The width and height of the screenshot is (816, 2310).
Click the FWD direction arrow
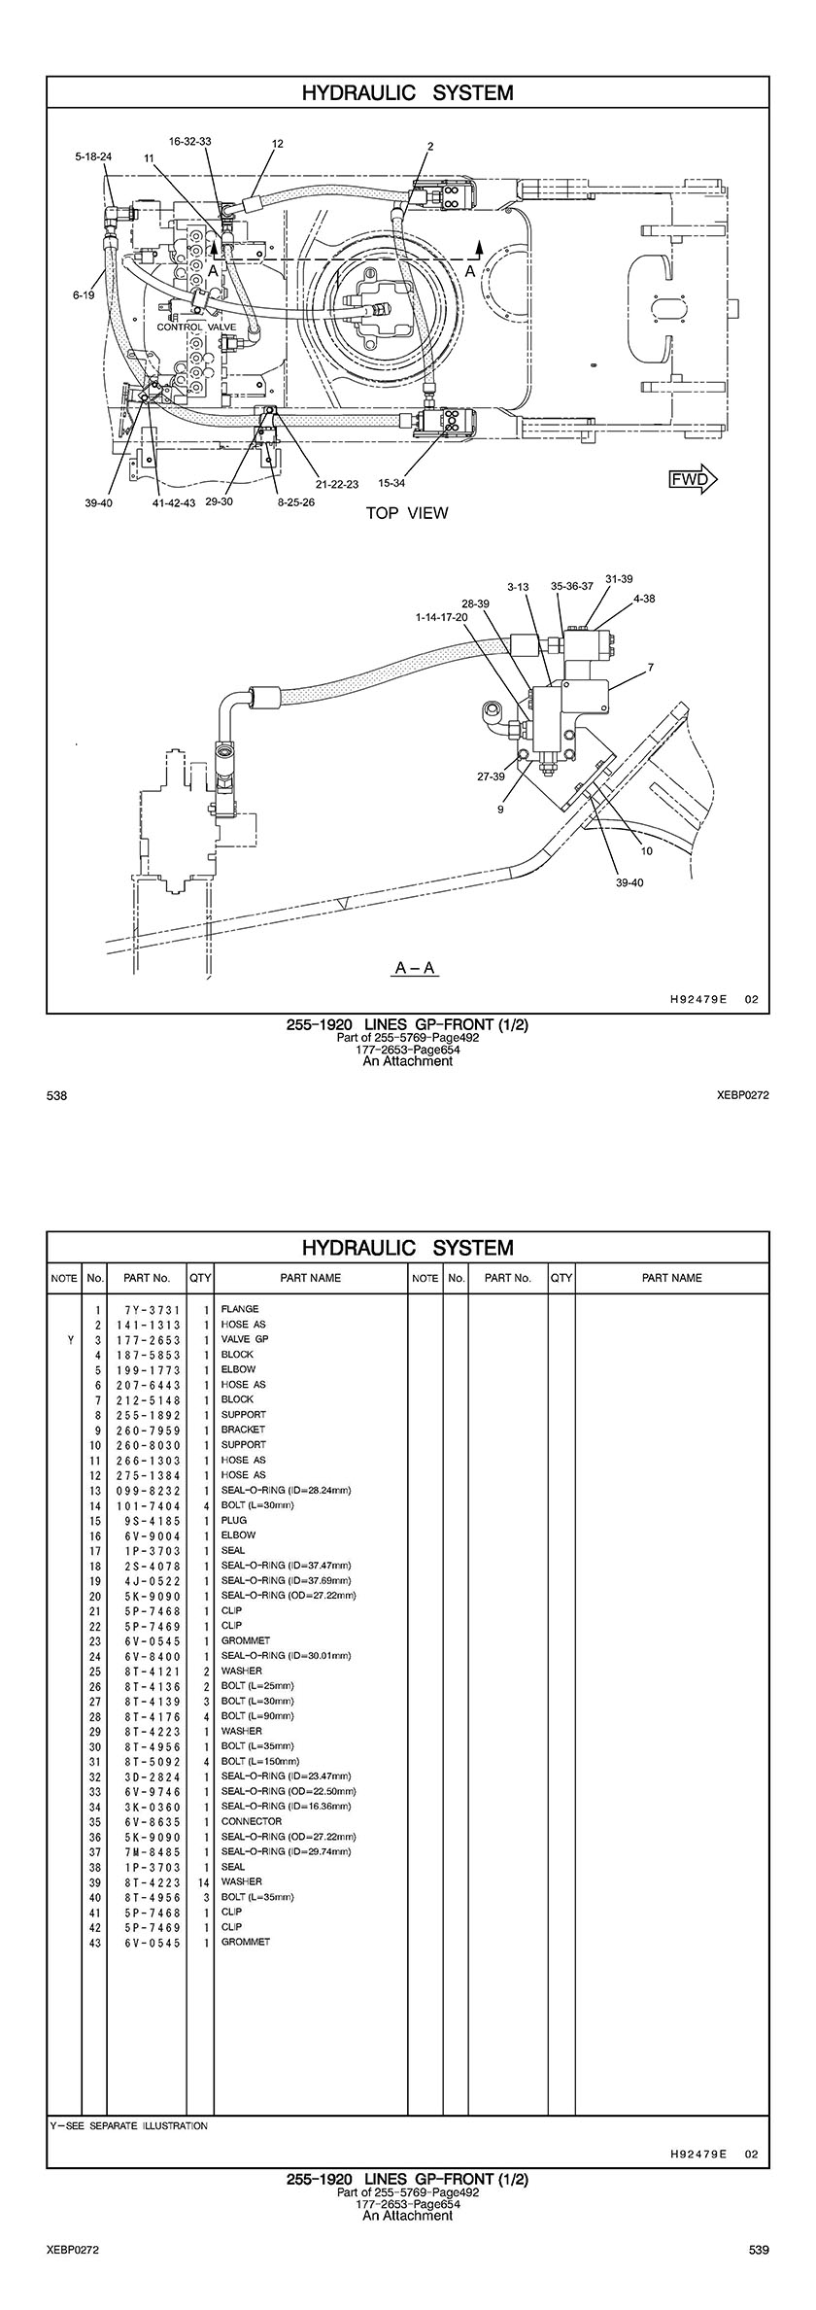point(692,478)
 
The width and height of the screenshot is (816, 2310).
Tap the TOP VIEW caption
point(407,513)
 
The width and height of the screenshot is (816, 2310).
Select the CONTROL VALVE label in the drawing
point(194,328)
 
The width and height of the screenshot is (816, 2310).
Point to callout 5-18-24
point(93,155)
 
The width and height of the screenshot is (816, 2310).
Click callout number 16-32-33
point(190,141)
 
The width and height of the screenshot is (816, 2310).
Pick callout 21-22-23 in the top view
point(337,483)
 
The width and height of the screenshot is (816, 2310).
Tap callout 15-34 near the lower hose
point(391,483)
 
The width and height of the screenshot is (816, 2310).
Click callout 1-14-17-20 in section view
point(441,617)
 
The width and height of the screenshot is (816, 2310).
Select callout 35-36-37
point(571,586)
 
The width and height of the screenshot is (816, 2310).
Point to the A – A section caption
point(415,968)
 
